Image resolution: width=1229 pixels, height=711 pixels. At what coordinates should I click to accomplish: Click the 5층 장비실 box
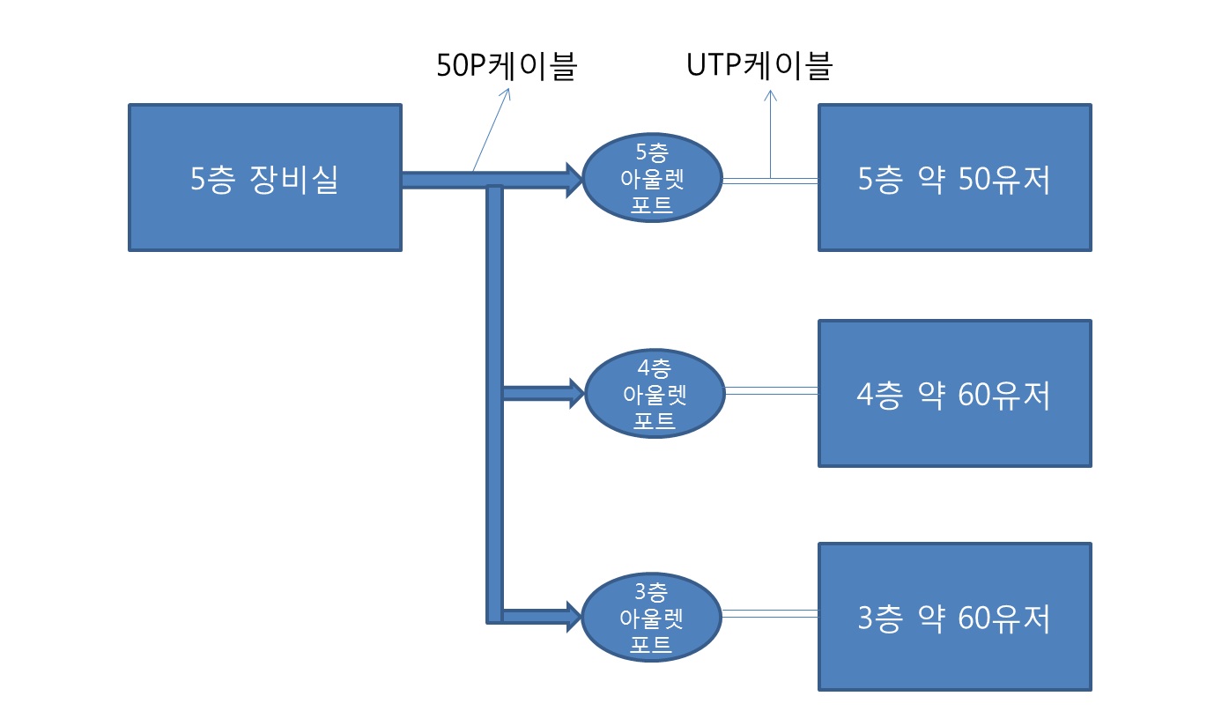coord(265,178)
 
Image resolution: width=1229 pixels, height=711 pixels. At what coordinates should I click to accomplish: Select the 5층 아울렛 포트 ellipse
coord(652,178)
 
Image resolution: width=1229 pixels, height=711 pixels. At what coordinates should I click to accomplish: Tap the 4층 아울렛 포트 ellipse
coord(655,393)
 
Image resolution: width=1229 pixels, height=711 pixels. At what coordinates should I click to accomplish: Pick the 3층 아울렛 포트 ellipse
coord(651,618)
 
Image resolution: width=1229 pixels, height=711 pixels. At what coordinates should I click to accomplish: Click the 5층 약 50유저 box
coord(955,178)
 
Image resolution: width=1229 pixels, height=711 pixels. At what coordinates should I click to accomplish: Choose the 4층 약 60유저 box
coord(955,393)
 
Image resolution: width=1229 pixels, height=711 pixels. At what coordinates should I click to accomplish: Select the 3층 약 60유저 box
coord(955,617)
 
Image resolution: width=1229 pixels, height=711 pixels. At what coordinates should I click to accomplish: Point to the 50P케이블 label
coord(506,65)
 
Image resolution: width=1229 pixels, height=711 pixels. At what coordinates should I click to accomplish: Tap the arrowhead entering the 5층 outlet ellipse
coord(574,180)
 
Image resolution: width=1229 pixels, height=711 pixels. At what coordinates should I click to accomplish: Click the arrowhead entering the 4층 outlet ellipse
coord(577,393)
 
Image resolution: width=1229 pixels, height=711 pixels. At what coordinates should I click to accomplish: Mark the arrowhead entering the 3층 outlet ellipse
coord(574,617)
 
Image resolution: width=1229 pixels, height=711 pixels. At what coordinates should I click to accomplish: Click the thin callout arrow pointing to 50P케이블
coord(492,130)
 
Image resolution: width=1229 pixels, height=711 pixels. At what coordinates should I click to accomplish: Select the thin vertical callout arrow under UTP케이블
coord(770,135)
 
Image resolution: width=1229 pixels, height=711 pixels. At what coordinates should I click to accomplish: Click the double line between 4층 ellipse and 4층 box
coord(772,390)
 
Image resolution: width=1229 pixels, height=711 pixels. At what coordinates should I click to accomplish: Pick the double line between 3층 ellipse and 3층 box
coord(770,614)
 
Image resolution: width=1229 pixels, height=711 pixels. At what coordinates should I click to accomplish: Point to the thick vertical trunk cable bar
coord(494,404)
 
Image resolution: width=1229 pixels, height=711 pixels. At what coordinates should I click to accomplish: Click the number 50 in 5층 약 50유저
coord(974,179)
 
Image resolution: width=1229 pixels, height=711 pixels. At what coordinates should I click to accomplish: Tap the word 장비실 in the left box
coord(293,180)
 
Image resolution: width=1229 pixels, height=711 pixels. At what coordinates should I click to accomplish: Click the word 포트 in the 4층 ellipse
coord(654,421)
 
